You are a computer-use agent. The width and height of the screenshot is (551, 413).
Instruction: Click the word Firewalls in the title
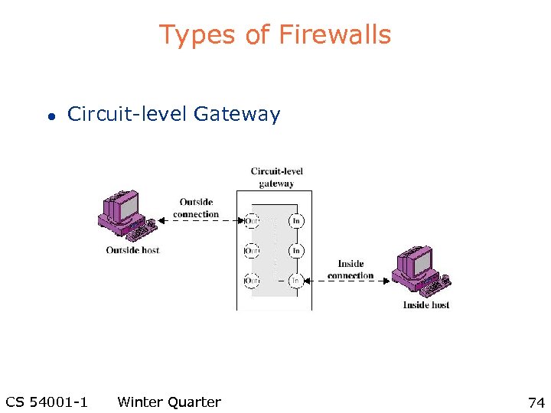[334, 34]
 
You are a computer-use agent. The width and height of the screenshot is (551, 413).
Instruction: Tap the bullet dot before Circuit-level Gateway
[49, 117]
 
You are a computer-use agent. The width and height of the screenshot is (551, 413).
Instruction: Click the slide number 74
[535, 402]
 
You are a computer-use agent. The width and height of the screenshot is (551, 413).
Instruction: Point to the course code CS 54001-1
[46, 402]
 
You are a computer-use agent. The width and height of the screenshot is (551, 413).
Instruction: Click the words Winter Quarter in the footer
[169, 402]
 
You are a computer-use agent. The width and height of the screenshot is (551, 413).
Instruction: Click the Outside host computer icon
[126, 215]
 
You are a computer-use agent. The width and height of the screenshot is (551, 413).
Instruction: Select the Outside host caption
[132, 250]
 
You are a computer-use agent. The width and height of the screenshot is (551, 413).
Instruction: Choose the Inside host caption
[426, 305]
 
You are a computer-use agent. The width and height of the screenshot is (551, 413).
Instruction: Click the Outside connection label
[196, 208]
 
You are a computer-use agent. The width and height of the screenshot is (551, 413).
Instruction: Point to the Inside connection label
[350, 269]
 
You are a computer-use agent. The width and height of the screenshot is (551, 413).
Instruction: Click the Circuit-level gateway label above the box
[276, 177]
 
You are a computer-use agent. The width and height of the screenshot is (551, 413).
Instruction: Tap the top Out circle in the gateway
[251, 221]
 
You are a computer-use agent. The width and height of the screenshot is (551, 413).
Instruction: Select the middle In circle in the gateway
[296, 251]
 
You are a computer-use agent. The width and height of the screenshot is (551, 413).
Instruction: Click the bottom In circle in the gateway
[296, 281]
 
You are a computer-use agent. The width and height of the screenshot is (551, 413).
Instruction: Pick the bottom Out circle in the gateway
[251, 281]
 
